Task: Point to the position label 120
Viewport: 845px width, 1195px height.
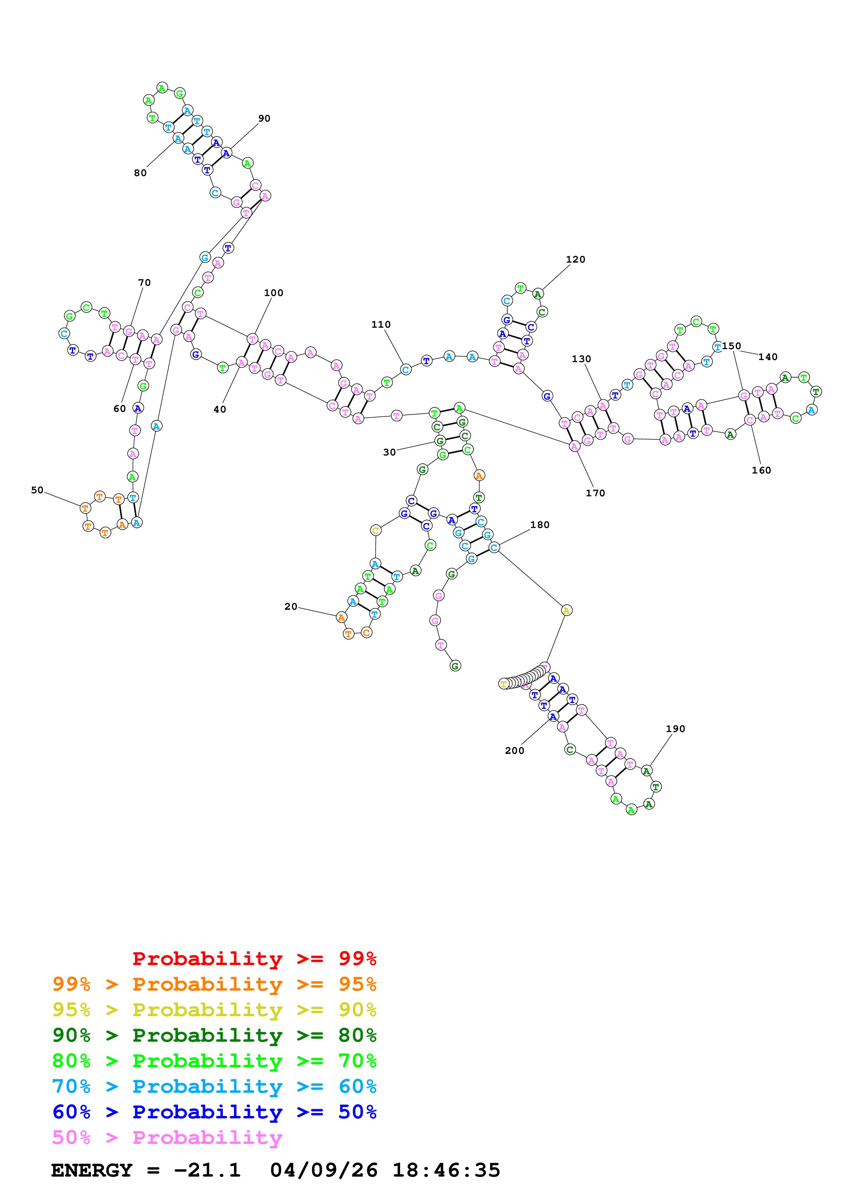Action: click(575, 260)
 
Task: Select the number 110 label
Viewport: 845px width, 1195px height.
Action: click(381, 325)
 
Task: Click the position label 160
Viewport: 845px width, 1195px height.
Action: click(761, 470)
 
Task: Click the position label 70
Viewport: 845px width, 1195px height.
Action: click(144, 283)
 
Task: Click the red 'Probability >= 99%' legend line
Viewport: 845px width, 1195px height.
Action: click(254, 959)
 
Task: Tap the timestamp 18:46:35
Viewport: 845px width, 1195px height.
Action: click(446, 1170)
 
